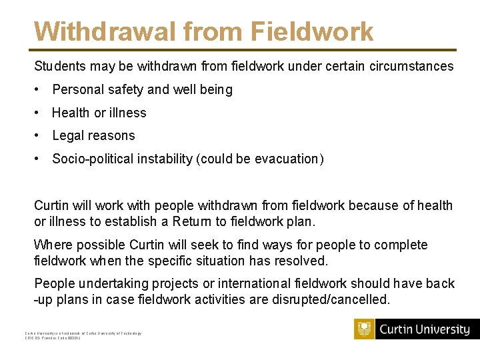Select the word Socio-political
click(96, 159)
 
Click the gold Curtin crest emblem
click(365, 329)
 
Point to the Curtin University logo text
click(425, 329)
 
